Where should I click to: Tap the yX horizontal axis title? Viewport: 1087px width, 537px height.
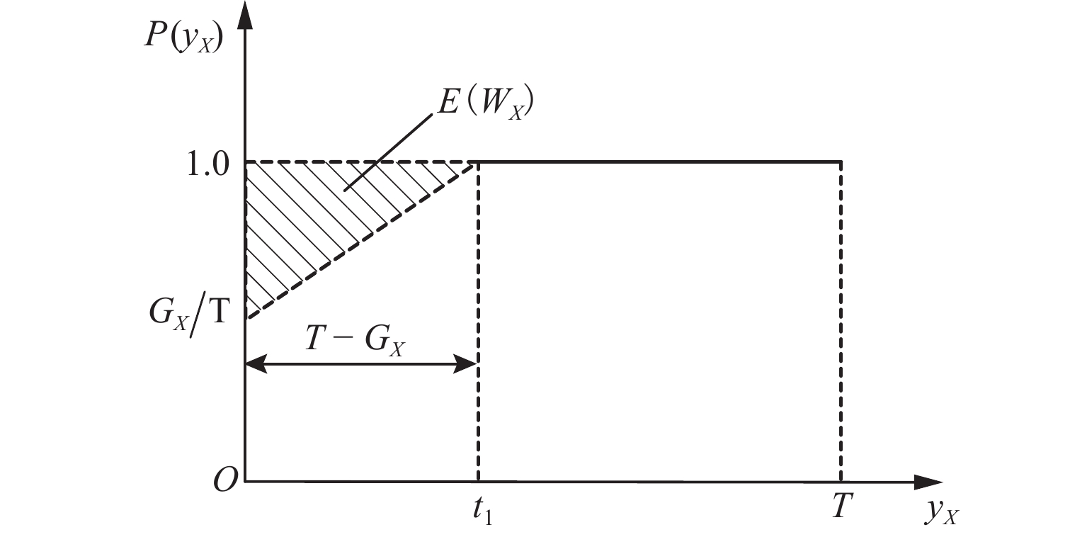click(942, 512)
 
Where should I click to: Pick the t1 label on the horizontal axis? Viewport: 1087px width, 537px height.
click(484, 510)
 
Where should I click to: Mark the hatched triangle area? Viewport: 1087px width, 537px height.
click(305, 213)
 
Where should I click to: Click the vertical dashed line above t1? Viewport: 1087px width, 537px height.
click(479, 319)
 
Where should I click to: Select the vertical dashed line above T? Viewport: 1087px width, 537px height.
click(841, 319)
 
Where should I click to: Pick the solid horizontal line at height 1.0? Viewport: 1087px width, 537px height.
click(659, 162)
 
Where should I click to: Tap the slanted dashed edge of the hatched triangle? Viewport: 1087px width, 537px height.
click(361, 240)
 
